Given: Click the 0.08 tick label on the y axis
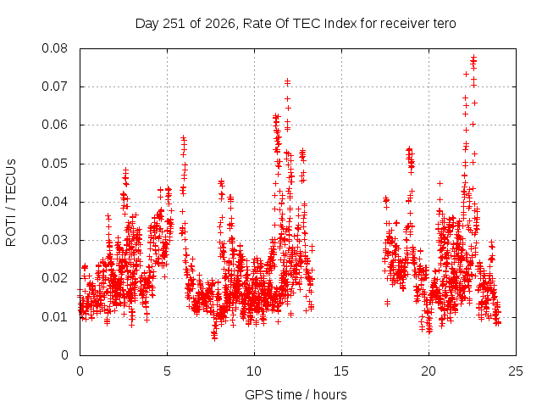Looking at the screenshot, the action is [x=54, y=48].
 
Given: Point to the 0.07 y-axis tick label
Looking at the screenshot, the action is [x=54, y=86].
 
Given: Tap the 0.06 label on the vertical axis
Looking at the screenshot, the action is [x=54, y=125].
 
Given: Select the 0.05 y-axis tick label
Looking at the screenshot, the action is [x=54, y=164].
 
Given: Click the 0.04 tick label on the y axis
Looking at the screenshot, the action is [x=54, y=202].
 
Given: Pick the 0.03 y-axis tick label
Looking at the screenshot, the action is [x=54, y=240].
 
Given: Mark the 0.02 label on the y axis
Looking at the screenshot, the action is [x=54, y=278].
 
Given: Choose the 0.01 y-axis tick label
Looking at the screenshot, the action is [x=54, y=317].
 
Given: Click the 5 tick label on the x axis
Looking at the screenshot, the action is [x=168, y=371].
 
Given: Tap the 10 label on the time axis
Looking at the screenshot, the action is [x=254, y=371].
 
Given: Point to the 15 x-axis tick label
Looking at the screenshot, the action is [x=341, y=371].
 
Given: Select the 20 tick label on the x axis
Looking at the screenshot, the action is [x=429, y=371].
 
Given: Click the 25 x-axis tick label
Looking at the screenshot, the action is [x=516, y=371].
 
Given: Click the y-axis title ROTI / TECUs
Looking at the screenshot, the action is [x=11, y=203].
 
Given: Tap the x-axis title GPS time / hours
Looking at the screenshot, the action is [x=296, y=395].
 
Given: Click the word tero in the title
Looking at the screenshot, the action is [x=445, y=24].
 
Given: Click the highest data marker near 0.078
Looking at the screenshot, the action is [x=474, y=57].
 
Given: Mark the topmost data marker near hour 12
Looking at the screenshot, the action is [x=287, y=81].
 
